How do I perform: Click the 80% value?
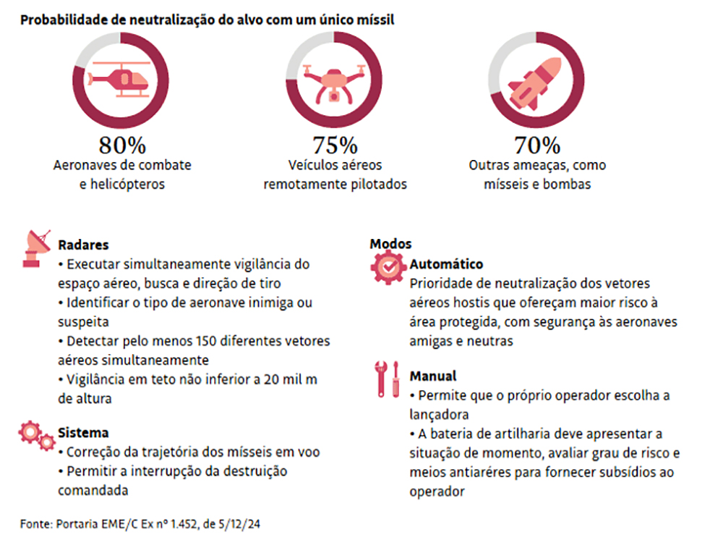pos(122,145)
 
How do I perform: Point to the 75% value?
pos(335,145)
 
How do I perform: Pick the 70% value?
pos(537,145)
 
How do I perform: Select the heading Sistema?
pos(83,433)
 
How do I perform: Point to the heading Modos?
pos(390,244)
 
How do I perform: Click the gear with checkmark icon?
pos(388,268)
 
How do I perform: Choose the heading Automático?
pos(446,264)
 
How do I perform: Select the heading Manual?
pos(433,376)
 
